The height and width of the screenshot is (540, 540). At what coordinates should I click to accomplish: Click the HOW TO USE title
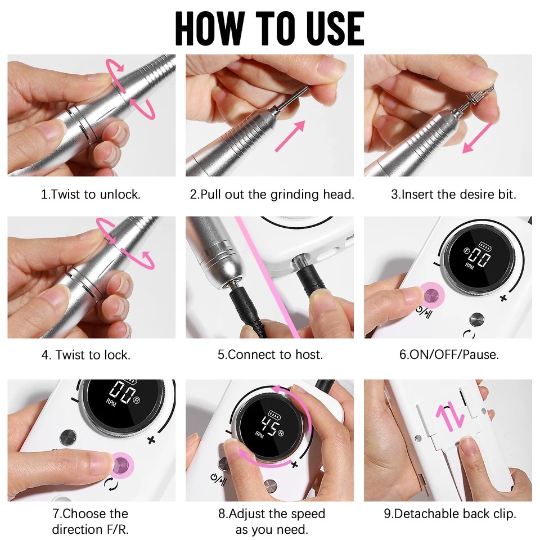[269, 28]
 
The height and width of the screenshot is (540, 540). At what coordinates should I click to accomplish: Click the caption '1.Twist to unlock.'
[91, 195]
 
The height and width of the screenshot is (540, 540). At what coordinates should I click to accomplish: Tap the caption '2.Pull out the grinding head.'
[272, 195]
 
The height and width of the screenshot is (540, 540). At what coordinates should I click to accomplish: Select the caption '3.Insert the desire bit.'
[453, 195]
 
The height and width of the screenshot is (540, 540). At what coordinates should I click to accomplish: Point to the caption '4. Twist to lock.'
[86, 355]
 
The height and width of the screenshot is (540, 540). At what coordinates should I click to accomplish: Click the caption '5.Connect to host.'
[271, 355]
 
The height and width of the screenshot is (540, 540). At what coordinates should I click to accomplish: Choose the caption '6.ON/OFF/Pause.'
[449, 355]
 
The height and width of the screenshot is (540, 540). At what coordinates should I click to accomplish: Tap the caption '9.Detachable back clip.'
[450, 514]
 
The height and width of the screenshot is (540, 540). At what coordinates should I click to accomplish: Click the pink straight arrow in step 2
[290, 136]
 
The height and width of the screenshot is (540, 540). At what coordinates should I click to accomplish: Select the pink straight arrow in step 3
[478, 138]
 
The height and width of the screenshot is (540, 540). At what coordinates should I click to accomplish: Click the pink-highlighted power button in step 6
[430, 295]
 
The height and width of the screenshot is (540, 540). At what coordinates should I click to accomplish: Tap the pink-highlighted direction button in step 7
[121, 465]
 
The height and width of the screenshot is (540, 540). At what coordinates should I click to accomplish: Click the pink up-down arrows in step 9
[451, 417]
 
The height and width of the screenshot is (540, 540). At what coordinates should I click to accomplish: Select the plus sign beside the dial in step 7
[151, 440]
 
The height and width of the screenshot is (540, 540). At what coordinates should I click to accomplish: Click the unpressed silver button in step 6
[477, 319]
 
